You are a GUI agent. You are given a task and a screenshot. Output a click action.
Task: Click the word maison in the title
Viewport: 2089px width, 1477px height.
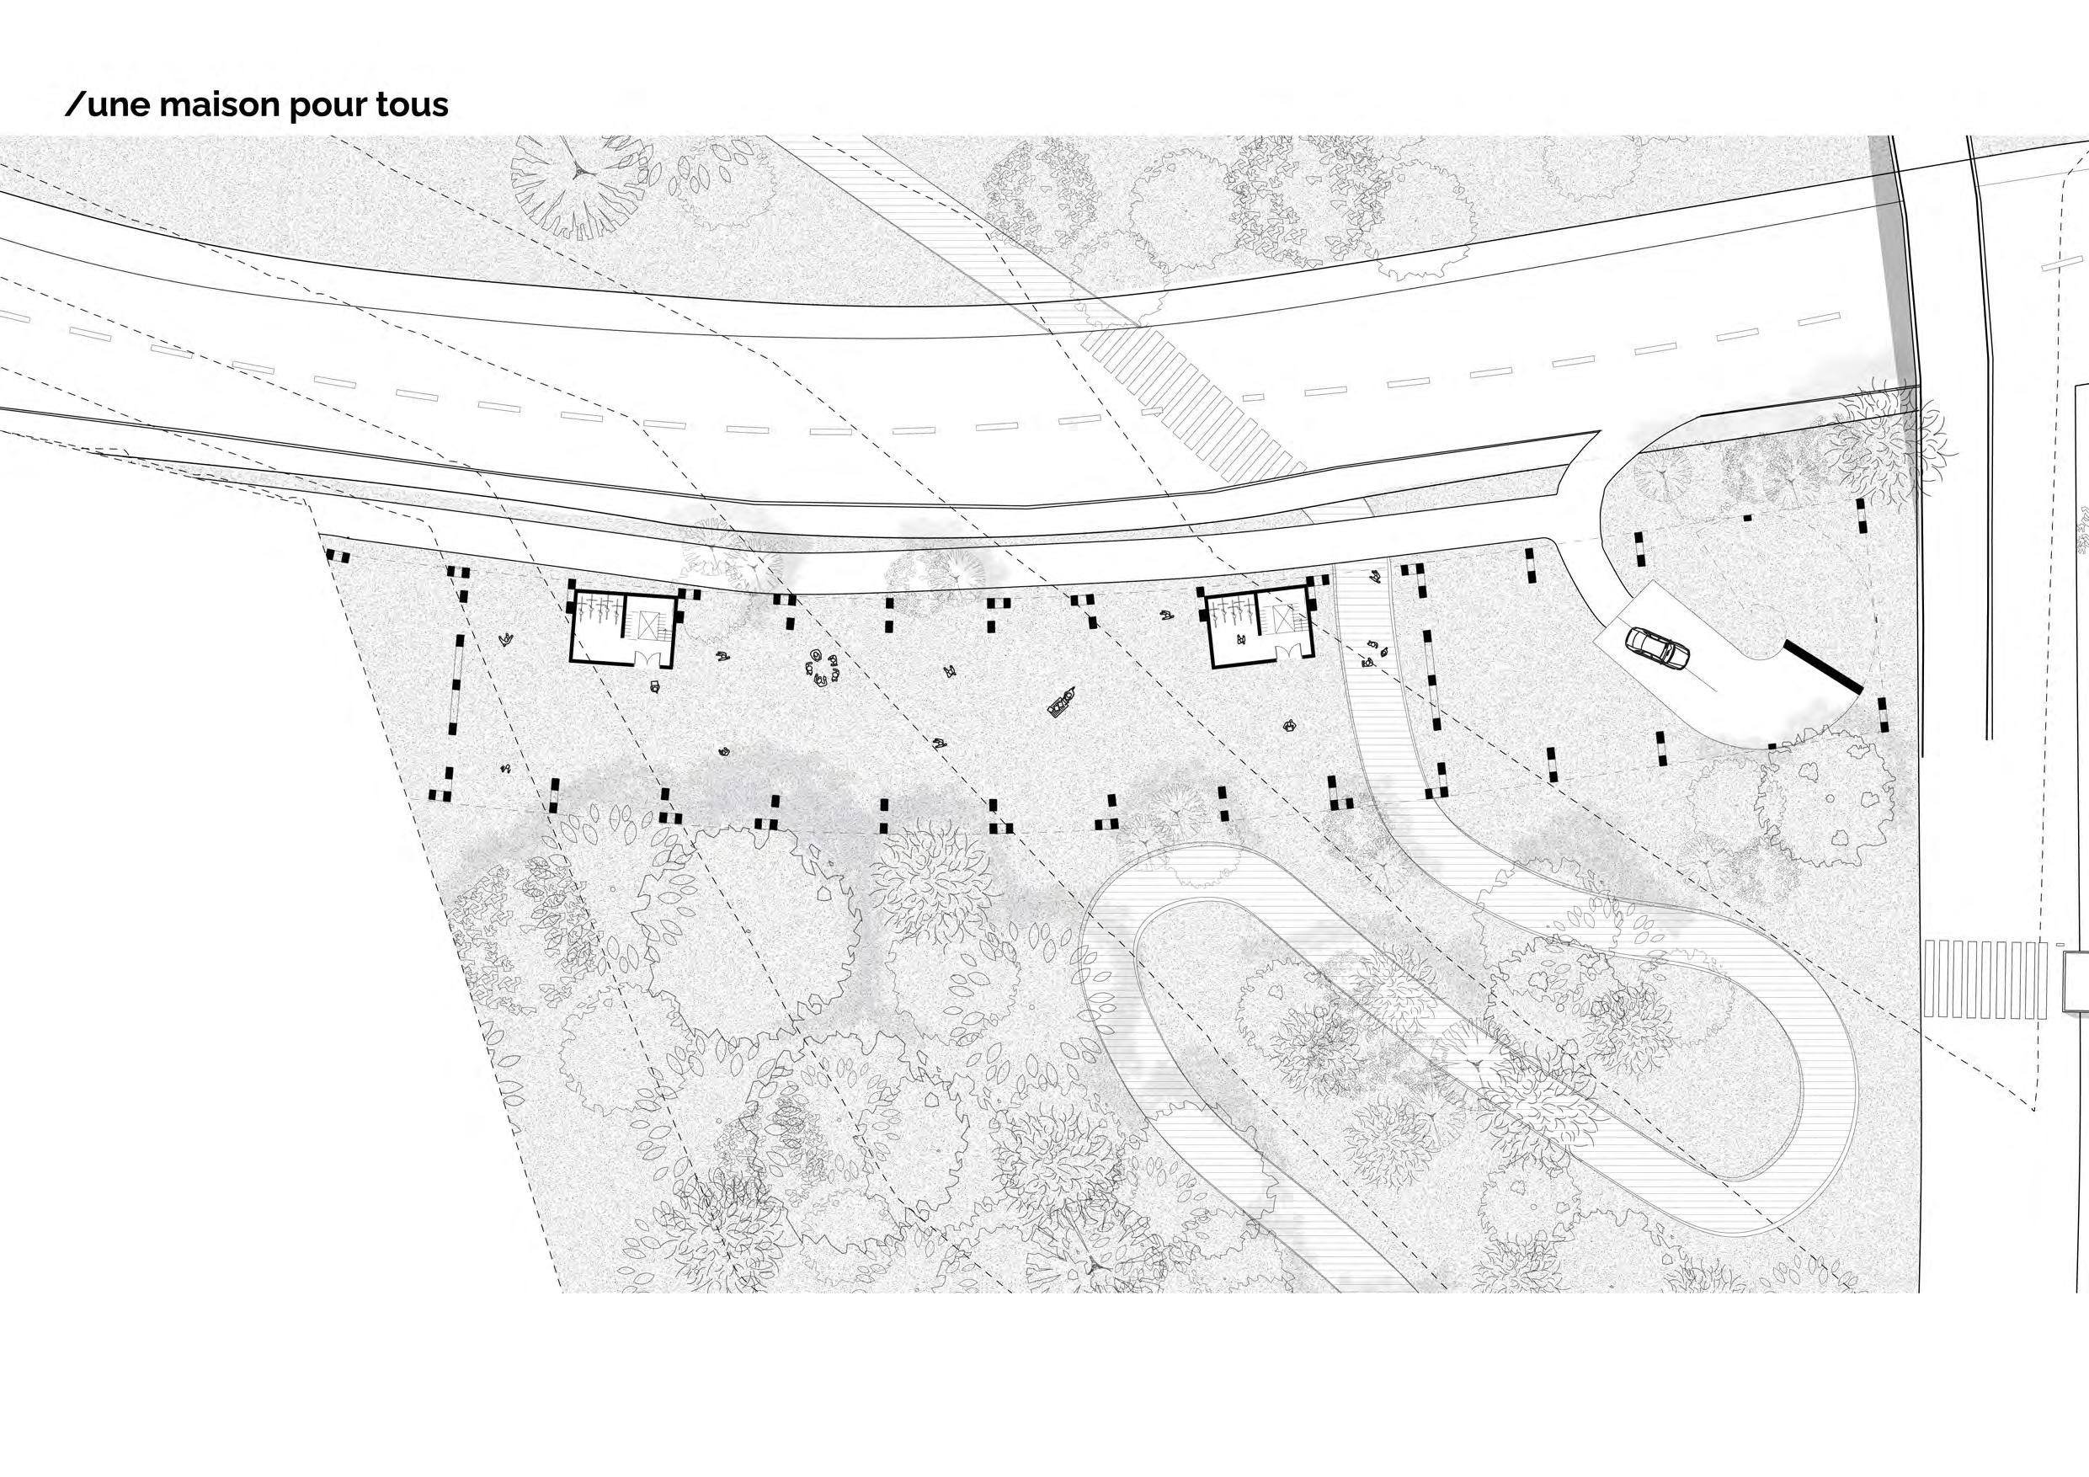click(x=217, y=105)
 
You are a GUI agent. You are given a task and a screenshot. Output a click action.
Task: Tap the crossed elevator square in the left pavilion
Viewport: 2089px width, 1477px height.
click(x=647, y=622)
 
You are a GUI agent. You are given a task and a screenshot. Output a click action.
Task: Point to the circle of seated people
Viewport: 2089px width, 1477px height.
click(x=823, y=668)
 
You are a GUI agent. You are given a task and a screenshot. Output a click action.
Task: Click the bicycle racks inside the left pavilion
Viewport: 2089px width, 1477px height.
click(x=596, y=608)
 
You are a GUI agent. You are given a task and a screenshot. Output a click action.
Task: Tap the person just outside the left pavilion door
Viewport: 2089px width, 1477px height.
click(x=654, y=686)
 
